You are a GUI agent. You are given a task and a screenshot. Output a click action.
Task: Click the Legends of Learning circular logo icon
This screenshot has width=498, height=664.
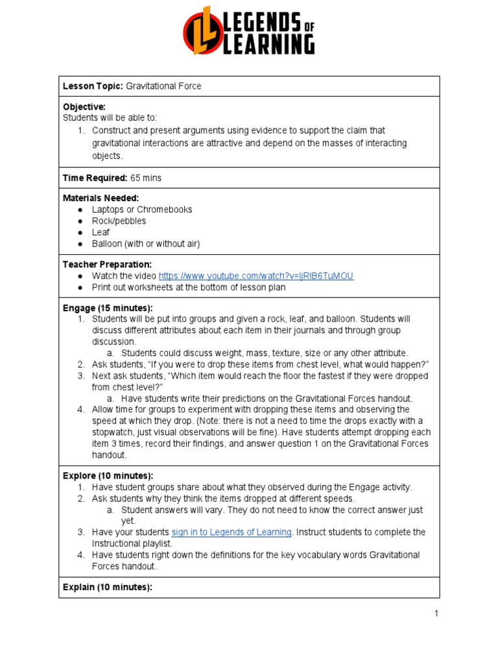pyautogui.click(x=201, y=30)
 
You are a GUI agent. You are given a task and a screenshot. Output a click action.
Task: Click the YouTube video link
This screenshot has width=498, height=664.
pyautogui.click(x=255, y=276)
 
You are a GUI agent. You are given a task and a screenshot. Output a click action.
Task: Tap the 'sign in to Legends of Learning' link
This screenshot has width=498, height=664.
pyautogui.click(x=231, y=532)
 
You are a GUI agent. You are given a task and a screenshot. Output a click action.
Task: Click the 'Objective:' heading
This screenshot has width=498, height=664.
pyautogui.click(x=84, y=106)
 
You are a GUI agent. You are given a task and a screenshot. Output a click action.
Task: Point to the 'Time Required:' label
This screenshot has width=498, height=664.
pyautogui.click(x=95, y=178)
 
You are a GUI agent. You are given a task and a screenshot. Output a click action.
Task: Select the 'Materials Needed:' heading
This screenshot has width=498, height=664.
pyautogui.click(x=101, y=198)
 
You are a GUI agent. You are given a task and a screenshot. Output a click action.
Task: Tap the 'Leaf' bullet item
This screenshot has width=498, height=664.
pyautogui.click(x=101, y=232)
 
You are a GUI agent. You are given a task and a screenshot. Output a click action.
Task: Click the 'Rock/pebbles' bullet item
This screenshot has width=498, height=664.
pyautogui.click(x=119, y=221)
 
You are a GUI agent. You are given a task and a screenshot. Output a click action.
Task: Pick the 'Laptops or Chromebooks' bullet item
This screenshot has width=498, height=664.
pyautogui.click(x=141, y=209)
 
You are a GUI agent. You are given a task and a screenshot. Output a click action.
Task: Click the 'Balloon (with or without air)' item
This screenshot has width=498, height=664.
pyautogui.click(x=145, y=244)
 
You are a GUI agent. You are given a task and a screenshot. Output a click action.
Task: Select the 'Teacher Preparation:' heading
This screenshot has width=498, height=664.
pyautogui.click(x=107, y=265)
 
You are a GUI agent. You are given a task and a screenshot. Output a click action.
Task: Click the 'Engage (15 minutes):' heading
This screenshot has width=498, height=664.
pyautogui.click(x=107, y=307)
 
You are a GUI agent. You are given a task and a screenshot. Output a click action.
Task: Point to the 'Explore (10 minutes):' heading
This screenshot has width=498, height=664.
pyautogui.click(x=108, y=475)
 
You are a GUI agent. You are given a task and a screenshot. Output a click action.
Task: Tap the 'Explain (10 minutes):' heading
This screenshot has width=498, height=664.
pyautogui.click(x=107, y=587)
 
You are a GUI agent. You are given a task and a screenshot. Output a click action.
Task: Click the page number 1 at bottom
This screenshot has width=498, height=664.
pyautogui.click(x=436, y=613)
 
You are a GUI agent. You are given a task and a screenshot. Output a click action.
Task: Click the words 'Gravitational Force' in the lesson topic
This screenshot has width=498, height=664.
pyautogui.click(x=163, y=86)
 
